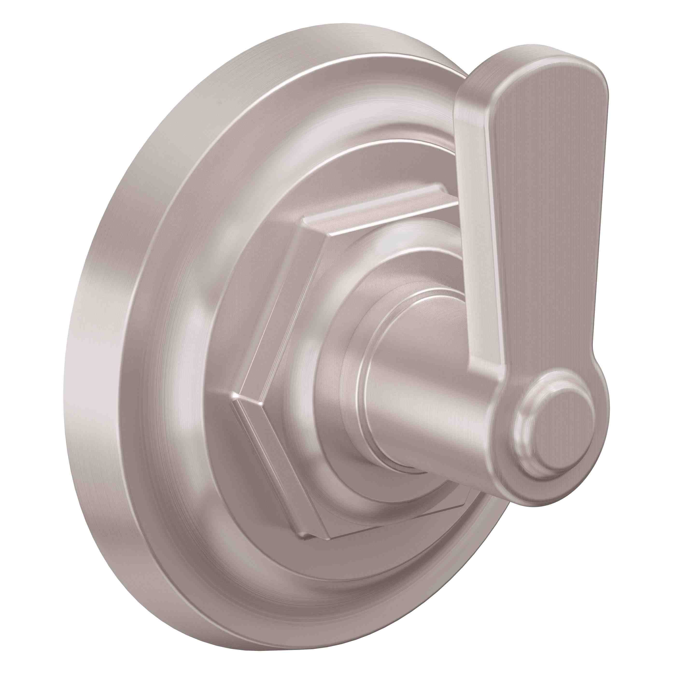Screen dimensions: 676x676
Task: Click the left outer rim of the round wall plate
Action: coord(105,350)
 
